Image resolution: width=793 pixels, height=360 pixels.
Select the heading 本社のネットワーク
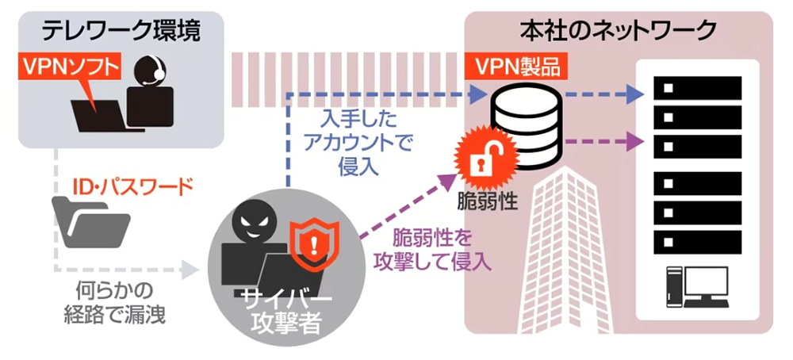click(x=618, y=30)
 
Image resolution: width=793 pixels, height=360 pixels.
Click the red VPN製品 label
click(x=517, y=66)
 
